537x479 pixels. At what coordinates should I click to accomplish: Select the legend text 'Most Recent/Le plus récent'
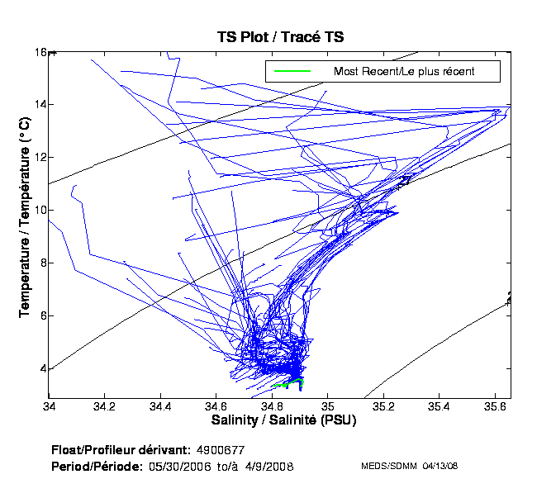click(404, 72)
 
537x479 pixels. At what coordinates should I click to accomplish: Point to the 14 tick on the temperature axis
click(40, 105)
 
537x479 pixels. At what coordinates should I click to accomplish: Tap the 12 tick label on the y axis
click(40, 158)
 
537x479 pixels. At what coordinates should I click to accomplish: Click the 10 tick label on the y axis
click(40, 211)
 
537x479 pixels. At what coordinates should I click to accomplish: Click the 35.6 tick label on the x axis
click(494, 406)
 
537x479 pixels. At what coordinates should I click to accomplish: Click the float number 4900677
click(221, 450)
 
